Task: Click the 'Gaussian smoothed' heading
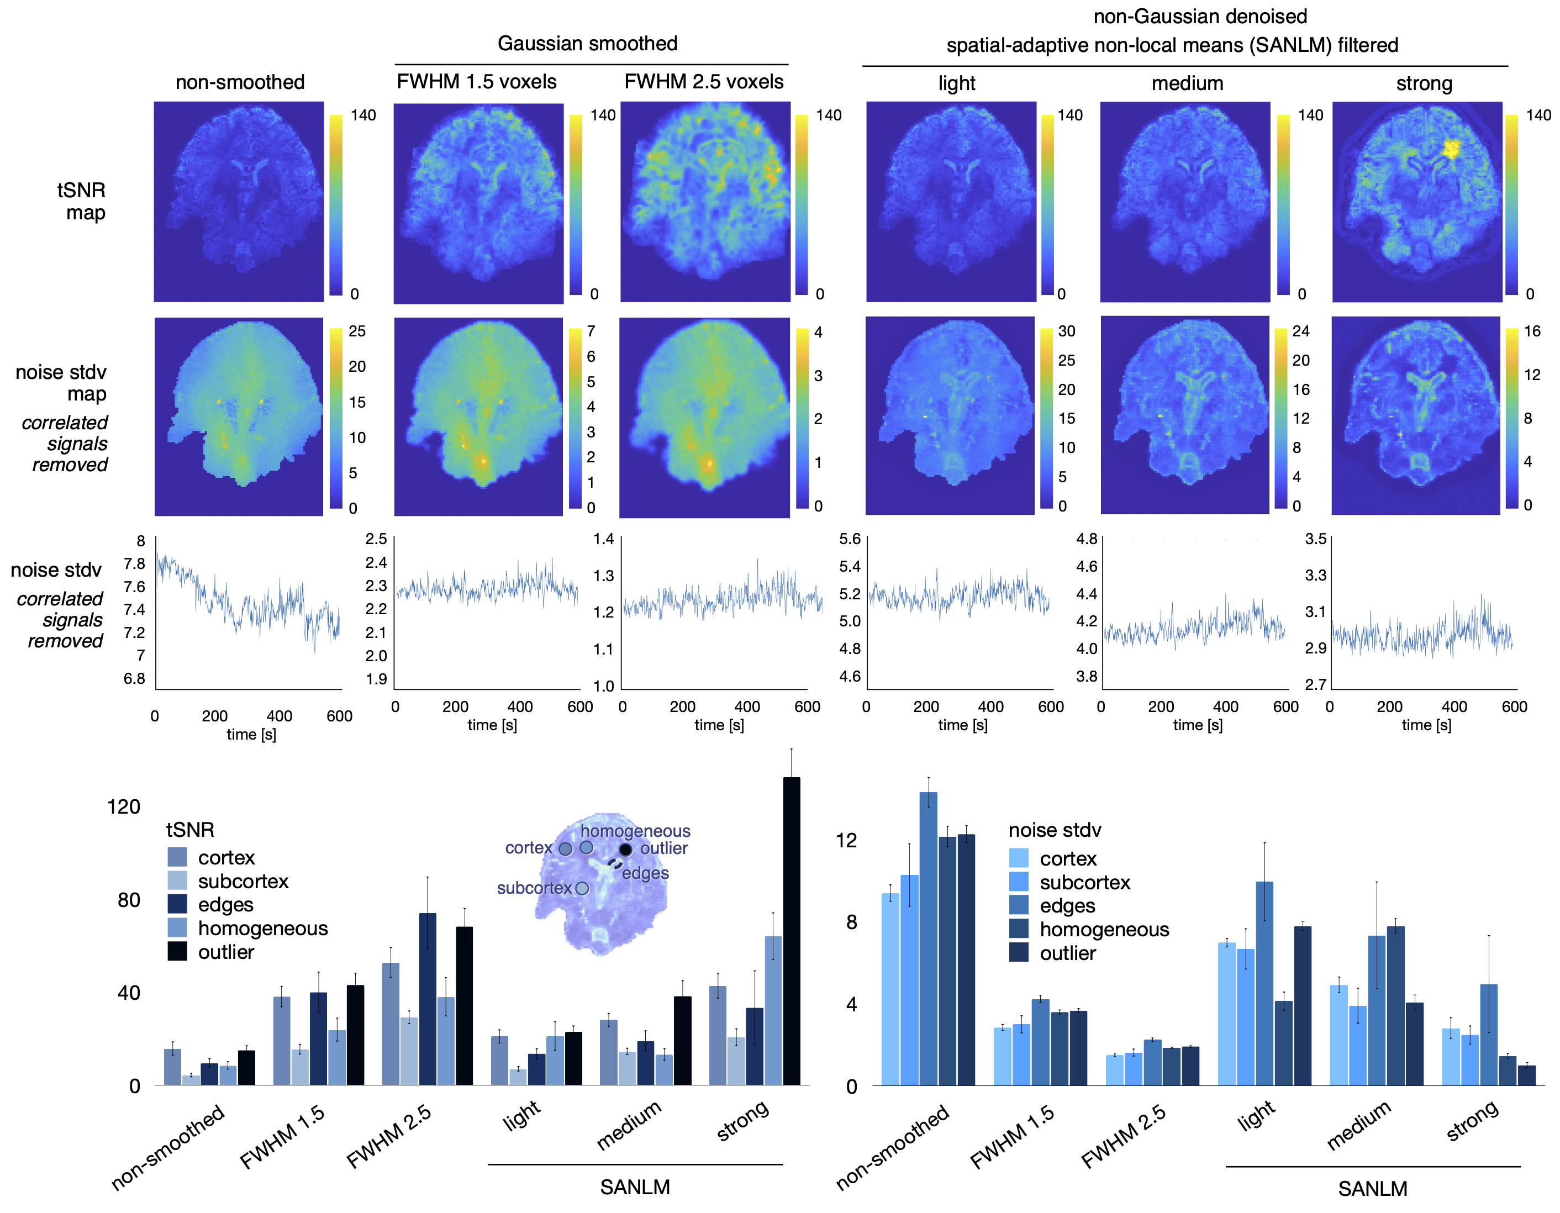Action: click(x=587, y=44)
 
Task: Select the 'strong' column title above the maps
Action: click(x=1424, y=83)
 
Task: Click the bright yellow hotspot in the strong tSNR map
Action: click(x=1451, y=149)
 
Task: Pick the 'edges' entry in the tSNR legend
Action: click(x=226, y=904)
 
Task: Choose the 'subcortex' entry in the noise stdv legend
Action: click(x=1084, y=882)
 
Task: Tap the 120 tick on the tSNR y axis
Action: click(x=124, y=806)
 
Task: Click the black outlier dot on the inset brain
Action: click(x=625, y=850)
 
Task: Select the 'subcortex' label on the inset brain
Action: click(x=534, y=888)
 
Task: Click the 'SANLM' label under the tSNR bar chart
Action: click(x=635, y=1186)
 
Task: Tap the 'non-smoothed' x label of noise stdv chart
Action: click(x=893, y=1147)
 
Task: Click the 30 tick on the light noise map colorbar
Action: click(x=1067, y=331)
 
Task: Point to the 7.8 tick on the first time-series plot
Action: click(x=134, y=563)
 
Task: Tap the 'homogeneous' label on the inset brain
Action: click(x=635, y=831)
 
